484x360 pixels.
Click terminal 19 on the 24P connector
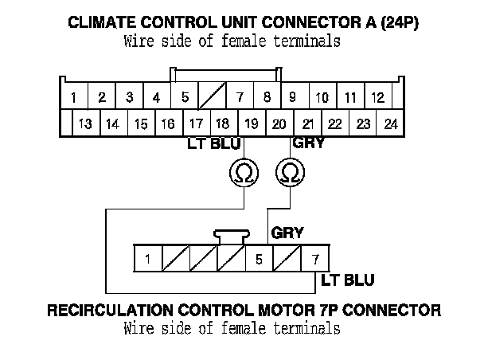251,123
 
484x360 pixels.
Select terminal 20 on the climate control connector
279,123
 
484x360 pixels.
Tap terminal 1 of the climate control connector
73,98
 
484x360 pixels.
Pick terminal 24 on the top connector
390,123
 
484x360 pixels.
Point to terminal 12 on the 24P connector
378,98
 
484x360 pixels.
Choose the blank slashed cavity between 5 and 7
212,98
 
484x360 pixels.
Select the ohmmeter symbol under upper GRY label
291,171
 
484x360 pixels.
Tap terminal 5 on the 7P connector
259,259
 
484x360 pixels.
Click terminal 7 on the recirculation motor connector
315,259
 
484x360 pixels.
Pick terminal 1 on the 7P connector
147,259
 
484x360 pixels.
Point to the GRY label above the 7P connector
287,234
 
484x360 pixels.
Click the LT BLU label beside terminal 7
348,280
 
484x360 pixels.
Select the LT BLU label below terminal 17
209,144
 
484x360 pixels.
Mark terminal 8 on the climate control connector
267,98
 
